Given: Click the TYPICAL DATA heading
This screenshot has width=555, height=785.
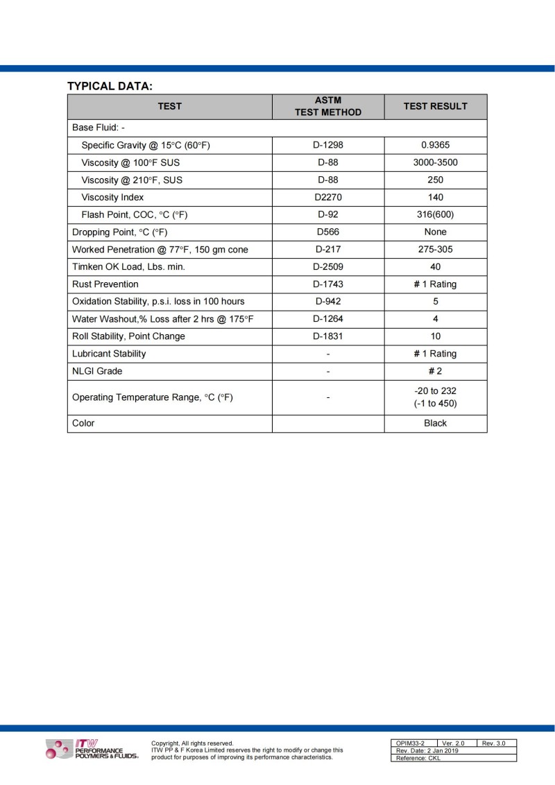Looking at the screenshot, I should [110, 86].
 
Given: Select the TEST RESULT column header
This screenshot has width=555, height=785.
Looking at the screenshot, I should [435, 106].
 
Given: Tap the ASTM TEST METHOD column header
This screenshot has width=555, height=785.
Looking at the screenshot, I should [328, 106].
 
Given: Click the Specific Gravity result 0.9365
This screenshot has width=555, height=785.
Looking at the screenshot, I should [435, 146].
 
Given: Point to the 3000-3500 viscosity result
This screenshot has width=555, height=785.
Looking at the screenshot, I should [435, 163].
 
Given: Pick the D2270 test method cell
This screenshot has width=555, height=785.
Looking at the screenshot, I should [328, 198].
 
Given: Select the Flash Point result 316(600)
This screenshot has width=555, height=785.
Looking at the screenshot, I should [435, 215].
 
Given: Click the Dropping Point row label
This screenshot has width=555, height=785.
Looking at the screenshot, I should [120, 232].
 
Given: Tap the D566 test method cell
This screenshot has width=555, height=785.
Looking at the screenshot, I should [328, 232].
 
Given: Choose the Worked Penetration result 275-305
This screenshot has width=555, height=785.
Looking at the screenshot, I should [435, 250].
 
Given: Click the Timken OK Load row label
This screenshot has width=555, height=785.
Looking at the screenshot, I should [128, 267].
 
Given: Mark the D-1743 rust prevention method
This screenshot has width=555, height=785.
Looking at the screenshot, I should [328, 284].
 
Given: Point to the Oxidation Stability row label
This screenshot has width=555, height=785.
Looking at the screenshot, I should [158, 302].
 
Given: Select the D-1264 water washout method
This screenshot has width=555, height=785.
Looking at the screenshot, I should [328, 319].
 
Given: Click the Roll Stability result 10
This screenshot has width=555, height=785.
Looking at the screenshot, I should [435, 336].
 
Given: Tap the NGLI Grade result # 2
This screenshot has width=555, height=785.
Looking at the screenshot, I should [435, 371].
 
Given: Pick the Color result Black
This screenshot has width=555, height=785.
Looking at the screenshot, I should [435, 423].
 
